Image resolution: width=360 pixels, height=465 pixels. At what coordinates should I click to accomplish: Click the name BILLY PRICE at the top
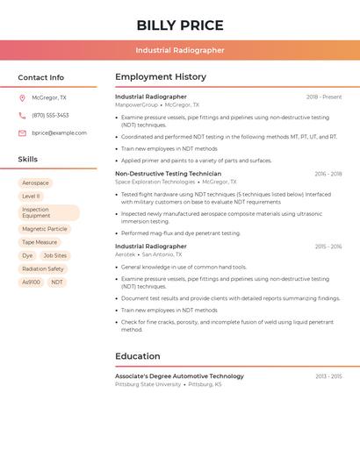pos(180,25)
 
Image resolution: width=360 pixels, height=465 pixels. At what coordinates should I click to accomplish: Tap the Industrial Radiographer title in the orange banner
pos(180,50)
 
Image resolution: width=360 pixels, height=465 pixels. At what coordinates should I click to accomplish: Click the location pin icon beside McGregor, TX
pos(22,98)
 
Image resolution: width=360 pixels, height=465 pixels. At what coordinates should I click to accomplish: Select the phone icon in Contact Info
pos(22,115)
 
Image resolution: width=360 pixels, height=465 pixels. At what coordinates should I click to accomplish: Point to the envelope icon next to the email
pos(22,132)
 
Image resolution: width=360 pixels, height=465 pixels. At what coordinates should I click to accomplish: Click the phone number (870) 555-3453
pos(50,115)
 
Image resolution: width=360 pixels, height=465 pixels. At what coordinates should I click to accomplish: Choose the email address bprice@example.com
pos(59,132)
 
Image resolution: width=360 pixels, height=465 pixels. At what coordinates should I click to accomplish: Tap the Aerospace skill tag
pos(36,183)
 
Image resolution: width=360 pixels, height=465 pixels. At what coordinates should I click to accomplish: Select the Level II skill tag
pos(32,197)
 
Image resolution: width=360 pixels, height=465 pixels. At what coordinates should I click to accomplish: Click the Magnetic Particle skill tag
pos(45,229)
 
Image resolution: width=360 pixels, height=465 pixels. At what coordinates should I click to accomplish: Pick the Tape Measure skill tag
pos(40,242)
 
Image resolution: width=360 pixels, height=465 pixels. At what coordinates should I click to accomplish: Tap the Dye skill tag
pos(27,255)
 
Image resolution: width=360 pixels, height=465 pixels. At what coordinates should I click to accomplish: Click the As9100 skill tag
pos(31,283)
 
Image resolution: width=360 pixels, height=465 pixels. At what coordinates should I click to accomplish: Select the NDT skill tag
pos(57,283)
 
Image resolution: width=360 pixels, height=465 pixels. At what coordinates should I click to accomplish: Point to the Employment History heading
pos(161,77)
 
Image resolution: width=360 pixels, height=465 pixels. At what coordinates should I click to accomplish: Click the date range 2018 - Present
pos(324,97)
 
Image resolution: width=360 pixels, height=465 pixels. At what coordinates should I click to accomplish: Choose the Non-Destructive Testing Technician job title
pos(168,174)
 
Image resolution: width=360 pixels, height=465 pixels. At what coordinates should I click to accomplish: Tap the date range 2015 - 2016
pos(328,247)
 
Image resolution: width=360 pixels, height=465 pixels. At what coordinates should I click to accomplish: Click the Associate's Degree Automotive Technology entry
pos(179,376)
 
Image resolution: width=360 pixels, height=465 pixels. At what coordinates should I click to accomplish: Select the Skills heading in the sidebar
pos(28,160)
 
